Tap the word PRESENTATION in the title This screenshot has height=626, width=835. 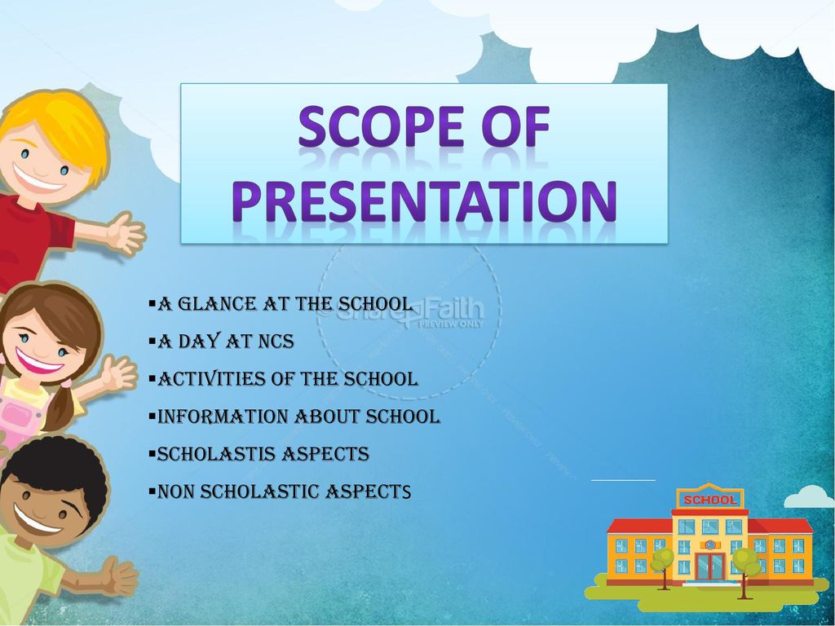pos(424,201)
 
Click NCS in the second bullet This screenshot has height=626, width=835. pos(276,342)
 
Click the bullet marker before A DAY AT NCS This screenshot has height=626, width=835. pos(152,342)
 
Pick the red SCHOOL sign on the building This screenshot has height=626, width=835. pos(709,500)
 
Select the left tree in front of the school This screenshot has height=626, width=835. pos(663,567)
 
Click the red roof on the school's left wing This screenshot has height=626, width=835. pos(639,526)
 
